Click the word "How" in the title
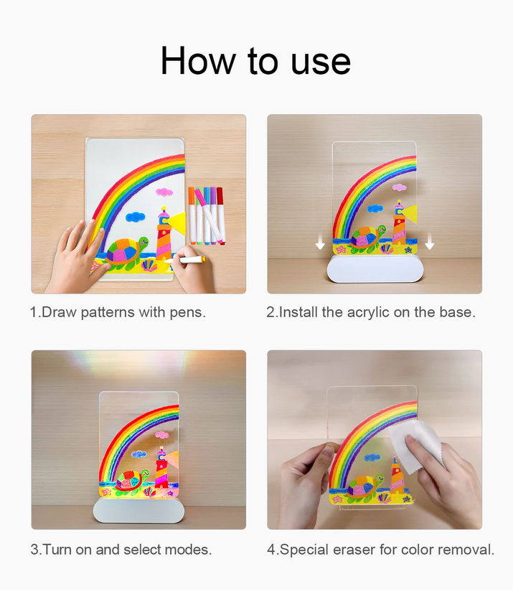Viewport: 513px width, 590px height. (x=198, y=60)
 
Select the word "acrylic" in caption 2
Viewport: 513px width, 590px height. (x=368, y=313)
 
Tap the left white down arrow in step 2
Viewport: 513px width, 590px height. (x=320, y=241)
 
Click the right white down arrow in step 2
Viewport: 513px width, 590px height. (x=430, y=241)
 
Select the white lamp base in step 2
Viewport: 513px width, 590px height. (x=375, y=269)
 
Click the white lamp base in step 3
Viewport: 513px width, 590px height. (x=138, y=510)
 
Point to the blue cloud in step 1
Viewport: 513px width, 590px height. (x=135, y=217)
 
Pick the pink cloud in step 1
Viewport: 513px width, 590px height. (x=164, y=192)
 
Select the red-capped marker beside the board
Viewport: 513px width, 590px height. (x=220, y=215)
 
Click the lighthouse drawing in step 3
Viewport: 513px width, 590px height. (x=161, y=468)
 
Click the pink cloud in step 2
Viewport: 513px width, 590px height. (x=400, y=187)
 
